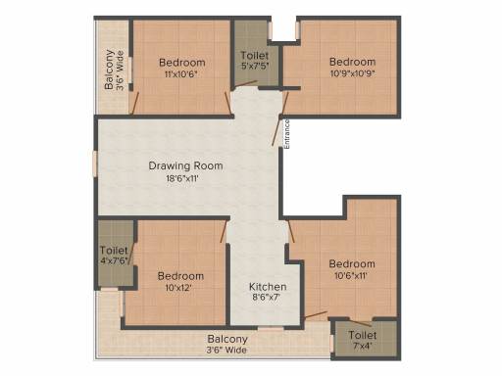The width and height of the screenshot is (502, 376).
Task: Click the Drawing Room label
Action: (185, 165)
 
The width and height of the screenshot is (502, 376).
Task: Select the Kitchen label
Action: (268, 287)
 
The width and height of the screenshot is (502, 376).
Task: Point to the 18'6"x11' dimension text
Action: (186, 179)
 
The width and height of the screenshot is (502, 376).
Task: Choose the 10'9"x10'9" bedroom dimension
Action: (352, 74)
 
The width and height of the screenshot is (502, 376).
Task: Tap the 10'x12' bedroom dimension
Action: (181, 289)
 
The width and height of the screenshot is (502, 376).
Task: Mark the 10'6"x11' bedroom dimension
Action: (352, 277)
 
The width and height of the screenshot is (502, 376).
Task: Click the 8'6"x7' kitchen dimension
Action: (268, 299)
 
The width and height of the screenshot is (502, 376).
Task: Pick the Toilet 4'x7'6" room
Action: (115, 256)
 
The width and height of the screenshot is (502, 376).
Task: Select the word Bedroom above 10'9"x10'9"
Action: (352, 62)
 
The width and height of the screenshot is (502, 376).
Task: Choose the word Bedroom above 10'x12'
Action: (181, 276)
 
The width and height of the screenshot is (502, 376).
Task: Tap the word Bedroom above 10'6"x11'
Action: (352, 264)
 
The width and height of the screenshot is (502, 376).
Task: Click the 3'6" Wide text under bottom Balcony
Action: (226, 350)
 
